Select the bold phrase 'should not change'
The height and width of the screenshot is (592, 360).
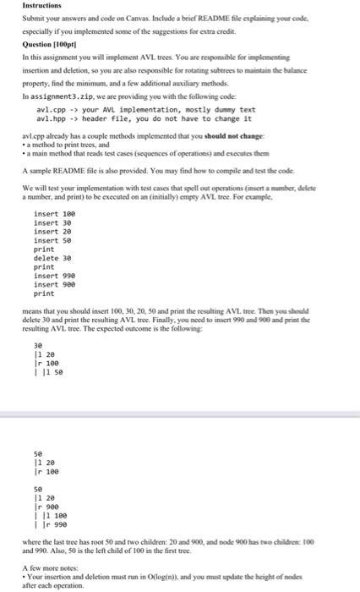click(246, 135)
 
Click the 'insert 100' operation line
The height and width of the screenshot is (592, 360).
click(54, 214)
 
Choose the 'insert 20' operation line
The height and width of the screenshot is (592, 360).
click(52, 232)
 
